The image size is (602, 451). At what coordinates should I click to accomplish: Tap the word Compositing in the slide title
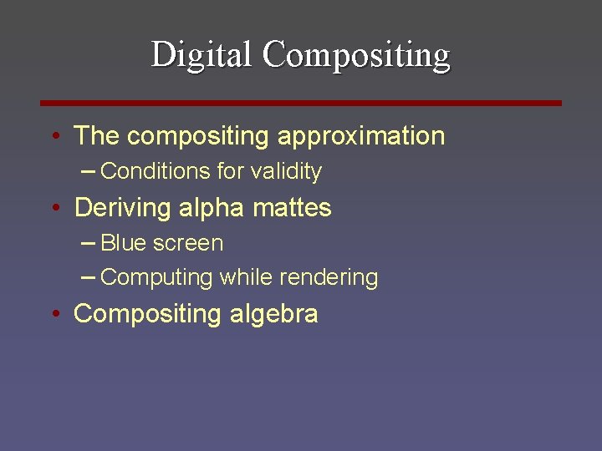coord(356,55)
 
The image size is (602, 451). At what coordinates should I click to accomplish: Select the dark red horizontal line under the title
coord(301,103)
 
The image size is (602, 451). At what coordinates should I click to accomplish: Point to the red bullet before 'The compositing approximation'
coord(54,136)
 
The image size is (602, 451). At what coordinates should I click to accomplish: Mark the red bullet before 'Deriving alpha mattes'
coord(54,208)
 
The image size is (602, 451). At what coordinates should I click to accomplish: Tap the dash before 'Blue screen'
coord(89,243)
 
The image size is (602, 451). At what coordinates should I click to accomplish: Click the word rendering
coord(334,277)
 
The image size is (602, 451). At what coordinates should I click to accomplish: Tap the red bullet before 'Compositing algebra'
coord(54,314)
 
